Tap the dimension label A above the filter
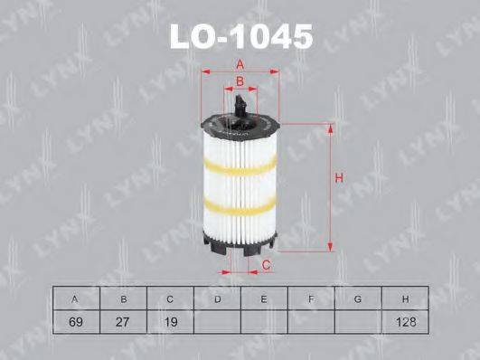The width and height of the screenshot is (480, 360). coord(240,64)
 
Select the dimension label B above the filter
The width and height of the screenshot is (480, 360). coord(239,82)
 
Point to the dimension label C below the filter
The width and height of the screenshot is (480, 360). coord(267,264)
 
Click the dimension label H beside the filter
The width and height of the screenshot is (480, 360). coord(339,178)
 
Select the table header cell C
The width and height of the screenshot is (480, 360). coord(172,298)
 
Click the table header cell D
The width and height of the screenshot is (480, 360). coord(218,298)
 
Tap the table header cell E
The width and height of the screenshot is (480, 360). coord(264,298)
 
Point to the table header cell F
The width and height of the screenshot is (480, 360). coord(311,298)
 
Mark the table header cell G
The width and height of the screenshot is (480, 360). coord(358,298)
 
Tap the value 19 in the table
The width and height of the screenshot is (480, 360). coord(172,321)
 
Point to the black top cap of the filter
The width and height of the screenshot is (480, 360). coord(240,121)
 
